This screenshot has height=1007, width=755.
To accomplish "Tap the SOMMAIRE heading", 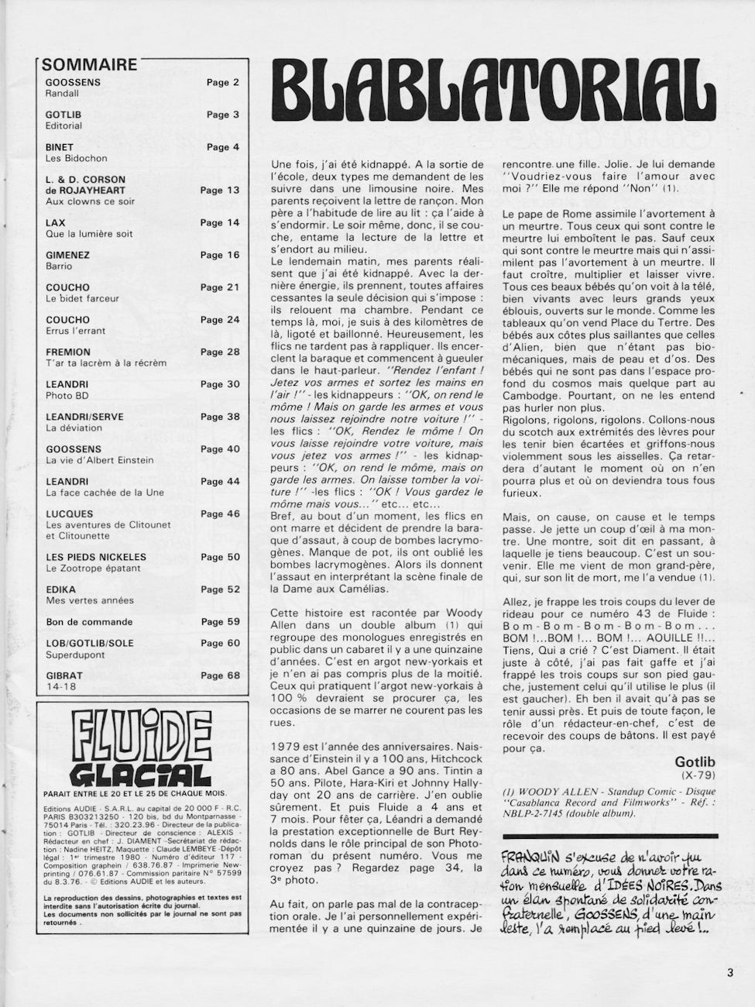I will point(88,65).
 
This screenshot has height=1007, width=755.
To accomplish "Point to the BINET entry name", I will point(60,147).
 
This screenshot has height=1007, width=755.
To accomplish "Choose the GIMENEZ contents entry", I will point(67,255).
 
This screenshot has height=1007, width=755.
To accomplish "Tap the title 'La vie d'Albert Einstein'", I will point(99,460).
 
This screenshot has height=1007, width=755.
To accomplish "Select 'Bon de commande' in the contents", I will point(89,622).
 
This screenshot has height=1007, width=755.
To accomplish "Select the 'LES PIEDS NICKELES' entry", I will point(96,557).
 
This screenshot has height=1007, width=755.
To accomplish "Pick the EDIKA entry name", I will point(60,589).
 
